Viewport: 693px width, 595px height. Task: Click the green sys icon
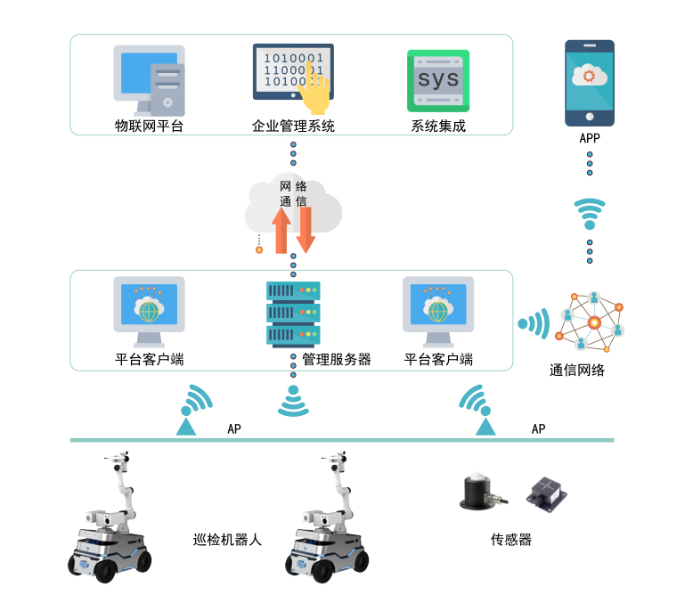438,80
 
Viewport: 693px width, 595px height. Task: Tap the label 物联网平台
149,126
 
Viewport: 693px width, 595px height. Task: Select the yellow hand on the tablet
314,89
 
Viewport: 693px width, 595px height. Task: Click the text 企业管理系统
293,126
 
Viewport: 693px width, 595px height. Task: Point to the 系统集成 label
438,126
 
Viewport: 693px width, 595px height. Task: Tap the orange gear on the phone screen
589,76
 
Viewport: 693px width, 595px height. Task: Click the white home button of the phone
590,117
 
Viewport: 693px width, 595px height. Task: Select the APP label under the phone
590,138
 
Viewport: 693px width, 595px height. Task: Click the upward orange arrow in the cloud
281,231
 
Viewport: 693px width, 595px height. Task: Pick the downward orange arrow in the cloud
306,230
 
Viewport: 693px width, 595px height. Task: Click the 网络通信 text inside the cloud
293,193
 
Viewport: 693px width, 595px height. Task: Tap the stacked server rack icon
293,313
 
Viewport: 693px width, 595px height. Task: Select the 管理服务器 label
337,359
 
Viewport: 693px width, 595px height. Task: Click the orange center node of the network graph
594,322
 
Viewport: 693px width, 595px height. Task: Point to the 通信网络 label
577,370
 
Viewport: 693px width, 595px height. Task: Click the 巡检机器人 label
227,539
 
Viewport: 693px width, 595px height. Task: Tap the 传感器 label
511,539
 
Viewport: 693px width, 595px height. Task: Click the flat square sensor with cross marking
547,494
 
